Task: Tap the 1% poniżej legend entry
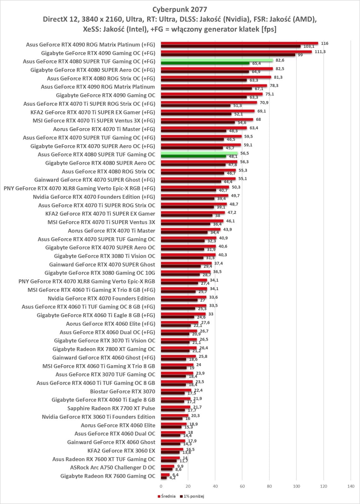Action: point(194,496)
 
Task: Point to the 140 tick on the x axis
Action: point(351,486)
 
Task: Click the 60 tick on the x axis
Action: point(242,486)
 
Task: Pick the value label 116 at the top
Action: point(324,43)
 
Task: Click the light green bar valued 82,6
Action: point(217,60)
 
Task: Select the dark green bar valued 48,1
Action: point(193,156)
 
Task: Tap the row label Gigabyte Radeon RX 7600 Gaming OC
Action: point(108,476)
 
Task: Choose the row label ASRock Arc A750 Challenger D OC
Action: point(112,467)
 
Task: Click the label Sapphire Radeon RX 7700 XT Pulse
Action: point(111,408)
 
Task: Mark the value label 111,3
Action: point(320,52)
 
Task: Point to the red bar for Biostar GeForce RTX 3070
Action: point(176,390)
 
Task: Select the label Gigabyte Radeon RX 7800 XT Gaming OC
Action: point(104,349)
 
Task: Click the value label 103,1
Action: point(309,47)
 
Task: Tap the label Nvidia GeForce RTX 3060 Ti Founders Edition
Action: point(98,417)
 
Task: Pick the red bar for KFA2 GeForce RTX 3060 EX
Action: point(172,449)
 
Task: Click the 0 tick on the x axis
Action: point(161,486)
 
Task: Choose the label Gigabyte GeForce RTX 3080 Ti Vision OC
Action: point(104,256)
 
